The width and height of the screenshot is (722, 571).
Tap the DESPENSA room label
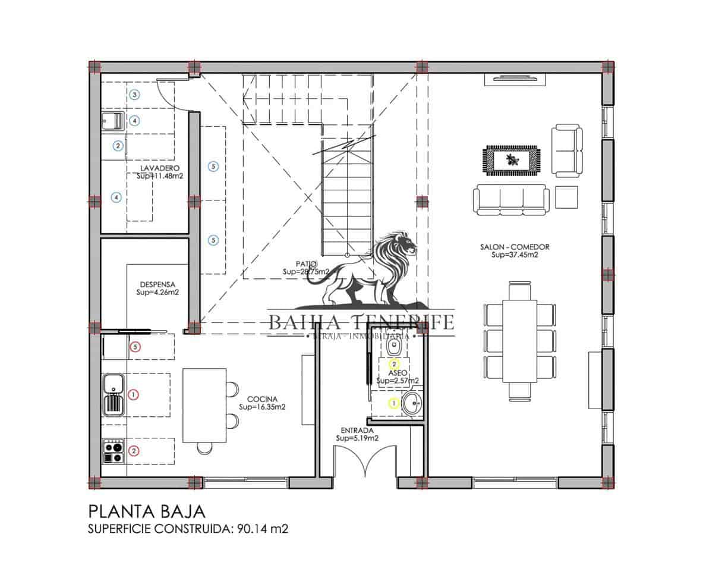[157, 284]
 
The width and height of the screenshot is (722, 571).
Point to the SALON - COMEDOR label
[515, 247]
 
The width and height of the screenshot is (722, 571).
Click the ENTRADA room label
[357, 430]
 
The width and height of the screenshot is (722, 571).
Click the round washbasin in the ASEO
[412, 404]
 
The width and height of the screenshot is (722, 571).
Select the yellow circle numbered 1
[393, 403]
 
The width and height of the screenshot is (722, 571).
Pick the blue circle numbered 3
[135, 95]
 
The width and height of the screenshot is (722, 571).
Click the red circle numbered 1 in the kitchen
[134, 394]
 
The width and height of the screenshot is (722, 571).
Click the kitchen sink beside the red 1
[113, 394]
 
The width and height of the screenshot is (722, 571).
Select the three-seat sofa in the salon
[512, 199]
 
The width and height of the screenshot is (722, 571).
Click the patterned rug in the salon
[512, 160]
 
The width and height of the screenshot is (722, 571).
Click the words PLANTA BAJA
[147, 512]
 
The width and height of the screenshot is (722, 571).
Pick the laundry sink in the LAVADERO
[113, 121]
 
